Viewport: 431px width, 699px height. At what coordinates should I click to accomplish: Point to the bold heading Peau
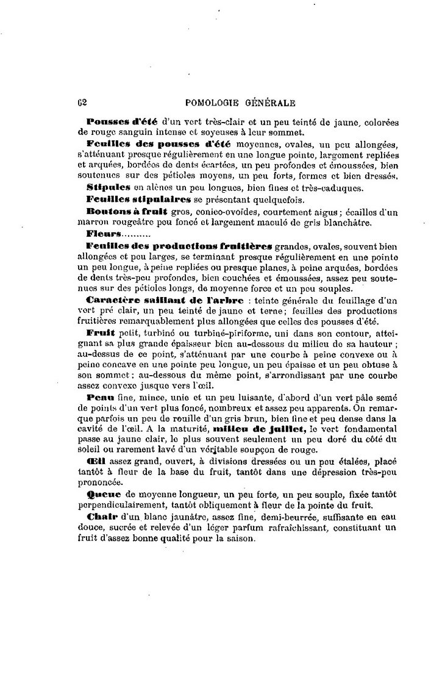click(99, 396)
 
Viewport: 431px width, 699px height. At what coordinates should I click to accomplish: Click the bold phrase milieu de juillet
click(263, 429)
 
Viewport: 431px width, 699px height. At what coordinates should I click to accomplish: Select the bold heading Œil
click(95, 462)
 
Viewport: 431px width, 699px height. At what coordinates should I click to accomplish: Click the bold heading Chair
click(101, 518)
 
